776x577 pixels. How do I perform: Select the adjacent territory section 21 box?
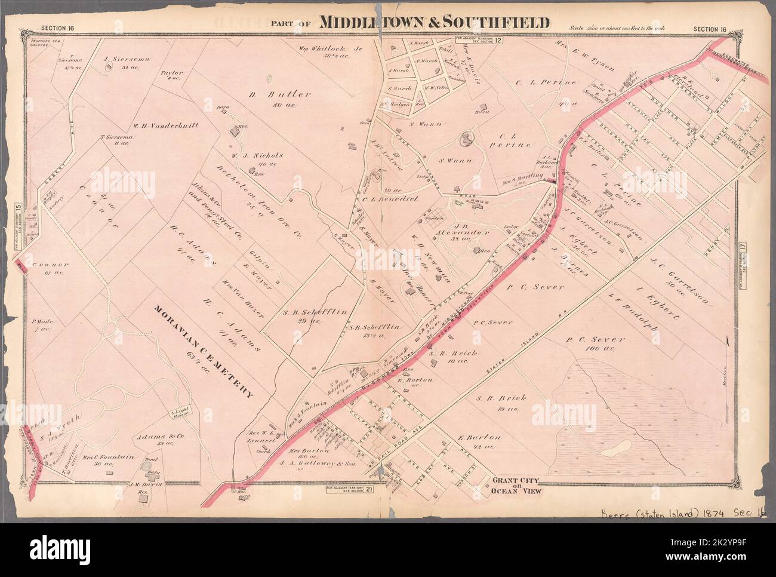click(x=350, y=490)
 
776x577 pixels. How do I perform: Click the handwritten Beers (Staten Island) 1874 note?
click(x=682, y=511)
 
